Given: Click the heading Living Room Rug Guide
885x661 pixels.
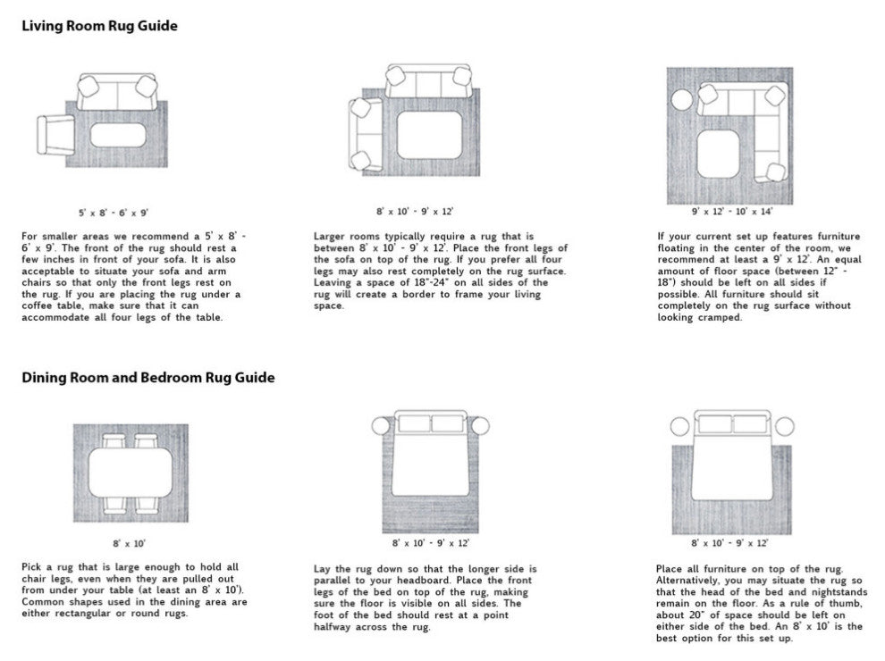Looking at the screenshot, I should click(99, 26).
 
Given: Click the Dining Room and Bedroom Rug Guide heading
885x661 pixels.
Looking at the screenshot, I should click(147, 378).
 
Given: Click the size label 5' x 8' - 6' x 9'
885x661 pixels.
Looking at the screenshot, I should click(113, 213).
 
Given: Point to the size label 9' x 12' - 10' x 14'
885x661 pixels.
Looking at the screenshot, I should click(733, 212).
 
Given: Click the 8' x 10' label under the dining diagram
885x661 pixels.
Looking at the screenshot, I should click(129, 542).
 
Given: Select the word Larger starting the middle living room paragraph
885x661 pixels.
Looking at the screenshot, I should click(331, 236).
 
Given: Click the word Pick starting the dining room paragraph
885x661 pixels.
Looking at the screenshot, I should click(32, 567).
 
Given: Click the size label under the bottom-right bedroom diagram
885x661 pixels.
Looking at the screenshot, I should click(729, 542).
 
